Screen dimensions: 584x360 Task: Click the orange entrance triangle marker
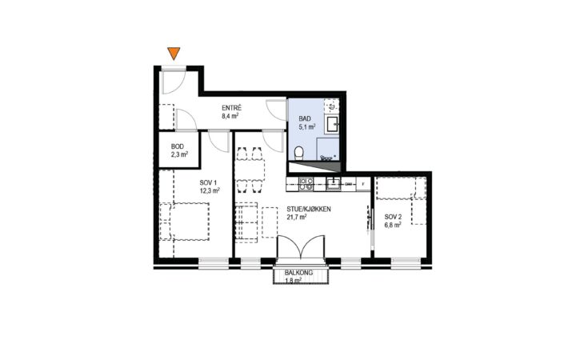[x=174, y=53]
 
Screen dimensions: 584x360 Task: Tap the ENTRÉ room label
[x=232, y=108]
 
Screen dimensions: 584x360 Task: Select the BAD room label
[x=305, y=118]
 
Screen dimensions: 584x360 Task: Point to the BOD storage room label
[x=178, y=146]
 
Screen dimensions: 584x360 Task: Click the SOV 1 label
[x=208, y=182]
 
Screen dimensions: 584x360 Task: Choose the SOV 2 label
[x=394, y=217]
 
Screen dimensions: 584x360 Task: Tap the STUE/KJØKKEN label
[x=309, y=210]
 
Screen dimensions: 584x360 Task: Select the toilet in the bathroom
[x=298, y=153]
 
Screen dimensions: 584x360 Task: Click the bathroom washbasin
[x=332, y=124]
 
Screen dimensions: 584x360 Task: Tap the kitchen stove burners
[x=306, y=184]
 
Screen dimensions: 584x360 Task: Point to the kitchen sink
[x=334, y=184]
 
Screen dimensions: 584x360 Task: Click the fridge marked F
[x=363, y=184]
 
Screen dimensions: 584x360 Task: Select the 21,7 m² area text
[x=297, y=217]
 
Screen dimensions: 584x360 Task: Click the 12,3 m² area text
[x=210, y=190]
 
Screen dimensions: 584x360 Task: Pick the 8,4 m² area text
[x=230, y=115]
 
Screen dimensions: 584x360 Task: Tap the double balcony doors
[x=300, y=247]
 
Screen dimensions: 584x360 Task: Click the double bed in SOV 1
[x=185, y=221]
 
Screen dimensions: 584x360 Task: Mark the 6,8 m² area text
[x=393, y=225]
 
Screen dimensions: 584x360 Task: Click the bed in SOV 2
[x=401, y=188]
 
